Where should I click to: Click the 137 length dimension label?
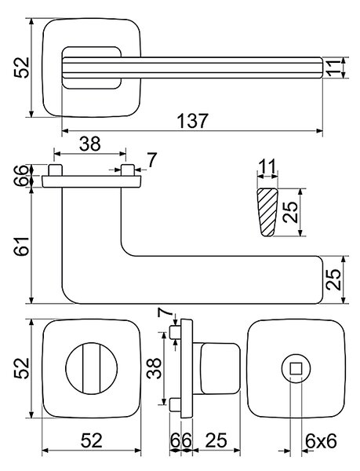tap(192, 121)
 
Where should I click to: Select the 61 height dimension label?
tap(22, 246)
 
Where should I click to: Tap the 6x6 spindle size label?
tap(321, 441)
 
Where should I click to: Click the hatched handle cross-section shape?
tap(267, 212)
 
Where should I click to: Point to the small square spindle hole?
tap(296, 368)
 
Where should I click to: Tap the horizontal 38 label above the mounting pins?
tap(89, 144)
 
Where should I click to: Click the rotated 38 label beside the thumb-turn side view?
tap(155, 368)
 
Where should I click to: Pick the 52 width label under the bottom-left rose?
tap(92, 441)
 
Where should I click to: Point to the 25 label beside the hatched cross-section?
tap(290, 212)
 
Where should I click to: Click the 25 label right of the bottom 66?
tap(216, 441)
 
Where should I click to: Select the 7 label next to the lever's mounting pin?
tap(152, 160)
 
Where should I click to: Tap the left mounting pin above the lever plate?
tap(55, 170)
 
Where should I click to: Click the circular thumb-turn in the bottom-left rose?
tap(92, 369)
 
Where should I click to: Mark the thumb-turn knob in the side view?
tap(220, 368)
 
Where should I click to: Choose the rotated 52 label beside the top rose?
tap(22, 68)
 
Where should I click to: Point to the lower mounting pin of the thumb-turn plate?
tap(175, 404)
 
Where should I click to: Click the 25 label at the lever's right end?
tap(333, 279)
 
